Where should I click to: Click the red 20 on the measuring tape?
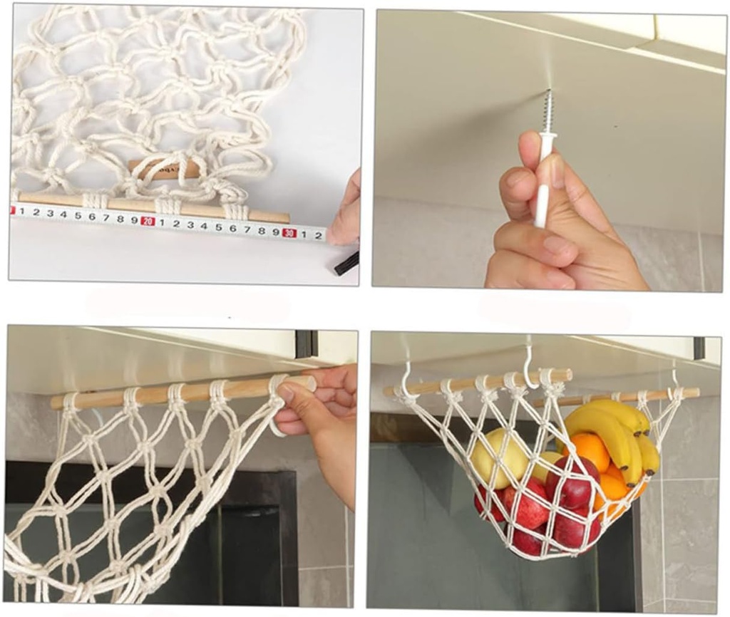148,221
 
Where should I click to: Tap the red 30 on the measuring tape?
289,232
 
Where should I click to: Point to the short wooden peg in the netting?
165,169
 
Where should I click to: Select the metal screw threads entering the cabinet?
547,113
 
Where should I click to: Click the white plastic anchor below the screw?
544,178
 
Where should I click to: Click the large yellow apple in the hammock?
497,457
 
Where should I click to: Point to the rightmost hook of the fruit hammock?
674,377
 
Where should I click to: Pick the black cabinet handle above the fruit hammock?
699,348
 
